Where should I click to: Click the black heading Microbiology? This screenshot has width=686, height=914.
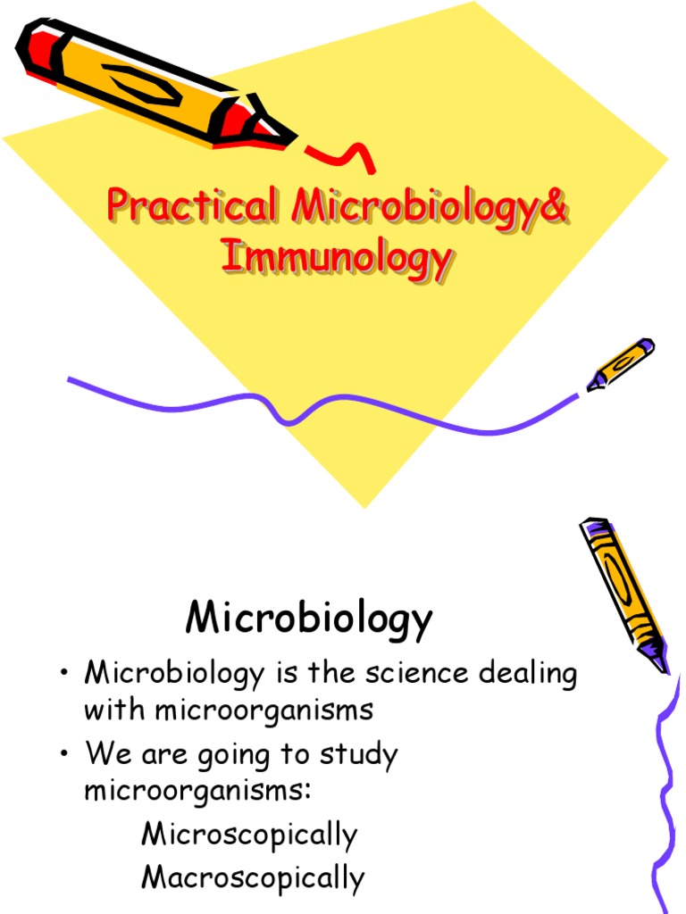309,618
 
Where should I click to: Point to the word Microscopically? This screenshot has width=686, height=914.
249,835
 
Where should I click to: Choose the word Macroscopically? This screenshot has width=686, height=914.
253,877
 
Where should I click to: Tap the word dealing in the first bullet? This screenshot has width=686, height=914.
531,674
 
